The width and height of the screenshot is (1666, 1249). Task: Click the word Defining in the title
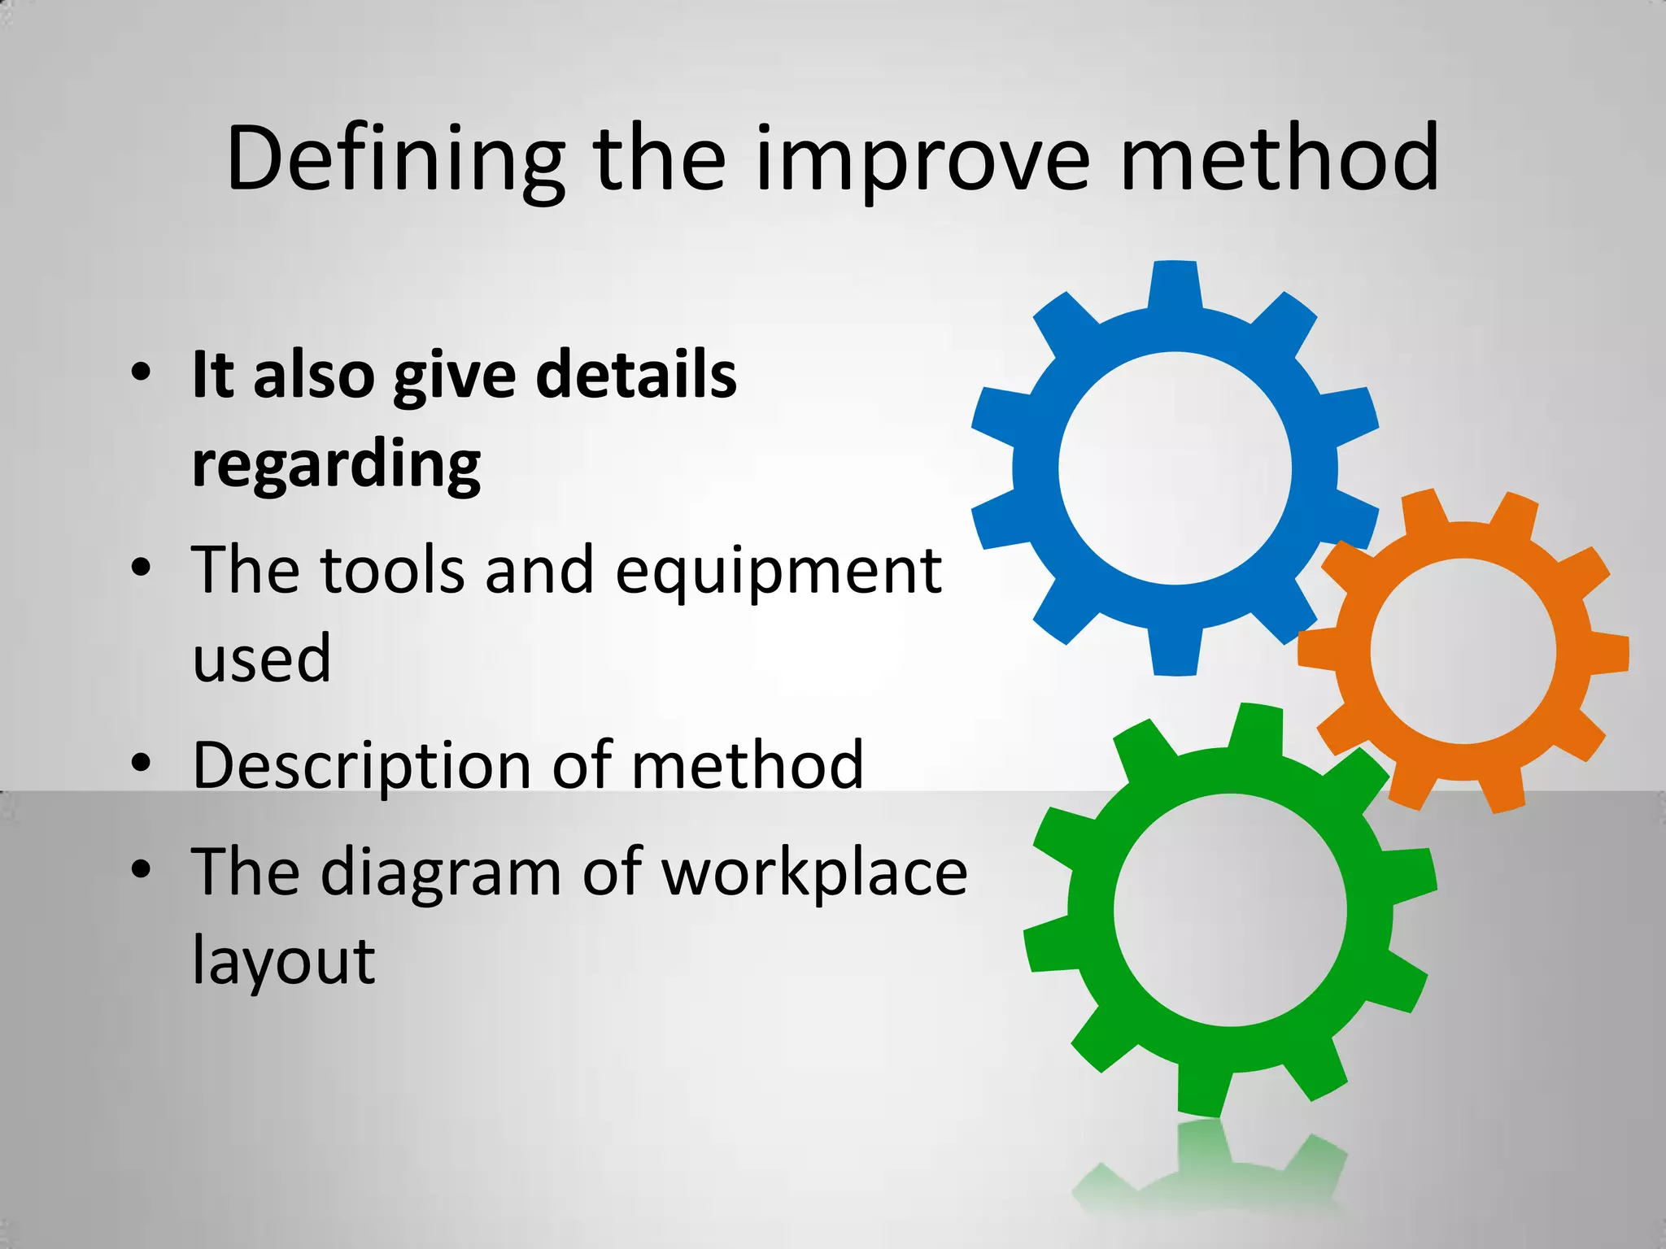(395, 159)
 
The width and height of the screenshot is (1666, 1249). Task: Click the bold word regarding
(336, 465)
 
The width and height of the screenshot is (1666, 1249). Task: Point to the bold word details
(636, 375)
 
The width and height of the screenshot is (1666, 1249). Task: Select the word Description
(364, 766)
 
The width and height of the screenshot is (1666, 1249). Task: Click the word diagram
(441, 872)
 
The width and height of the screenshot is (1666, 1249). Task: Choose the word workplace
(814, 872)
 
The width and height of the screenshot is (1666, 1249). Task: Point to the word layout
(283, 961)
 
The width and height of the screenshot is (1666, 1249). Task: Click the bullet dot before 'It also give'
(141, 372)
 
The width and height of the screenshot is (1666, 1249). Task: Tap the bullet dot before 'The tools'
(141, 568)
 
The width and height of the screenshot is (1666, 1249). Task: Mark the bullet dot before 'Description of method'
(141, 763)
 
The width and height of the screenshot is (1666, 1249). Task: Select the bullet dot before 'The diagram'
(141, 868)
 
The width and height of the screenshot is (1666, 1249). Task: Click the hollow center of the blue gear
(1175, 468)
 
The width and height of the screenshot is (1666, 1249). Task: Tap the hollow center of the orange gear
(1463, 651)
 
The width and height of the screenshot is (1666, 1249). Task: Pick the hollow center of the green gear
(1230, 910)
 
